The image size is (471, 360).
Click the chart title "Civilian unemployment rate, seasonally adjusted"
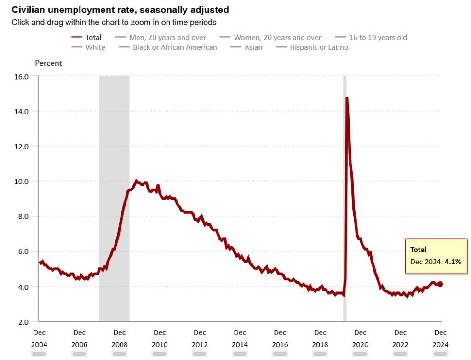pyautogui.click(x=120, y=10)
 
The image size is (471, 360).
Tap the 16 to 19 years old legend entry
pyautogui.click(x=378, y=37)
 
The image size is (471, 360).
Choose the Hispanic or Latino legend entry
pyautogui.click(x=319, y=47)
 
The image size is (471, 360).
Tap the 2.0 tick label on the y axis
pyautogui.click(x=23, y=321)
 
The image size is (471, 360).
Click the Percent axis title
pyautogui.click(x=48, y=63)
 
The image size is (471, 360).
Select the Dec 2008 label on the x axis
pyautogui.click(x=120, y=338)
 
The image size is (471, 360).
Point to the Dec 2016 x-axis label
pyautogui.click(x=280, y=338)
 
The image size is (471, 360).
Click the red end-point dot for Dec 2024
pyautogui.click(x=440, y=284)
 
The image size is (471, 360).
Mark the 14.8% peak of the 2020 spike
pyautogui.click(x=347, y=97)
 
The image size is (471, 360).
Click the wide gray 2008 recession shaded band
pyautogui.click(x=114, y=138)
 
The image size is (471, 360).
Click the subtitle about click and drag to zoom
pyautogui.click(x=114, y=22)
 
